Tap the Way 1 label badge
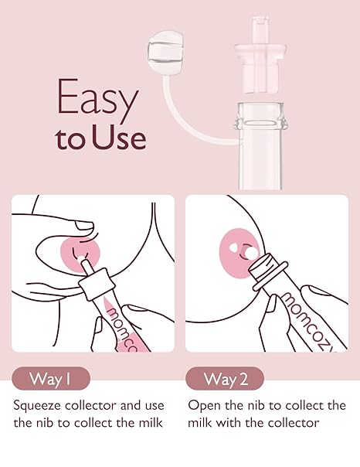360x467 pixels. click(51, 379)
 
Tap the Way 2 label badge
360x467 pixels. click(225, 379)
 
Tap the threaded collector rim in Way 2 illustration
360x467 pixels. click(271, 278)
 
